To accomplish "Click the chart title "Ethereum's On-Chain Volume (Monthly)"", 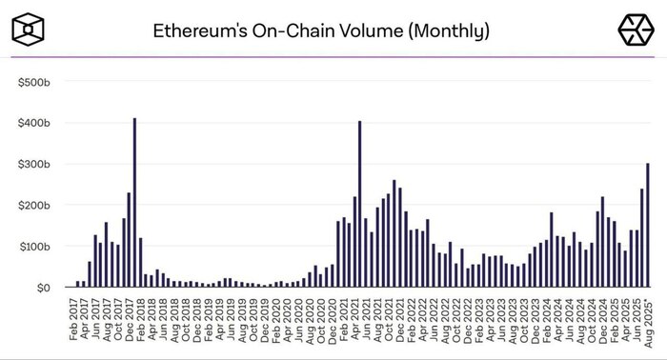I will [321, 30].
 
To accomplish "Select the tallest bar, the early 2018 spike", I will [134, 205].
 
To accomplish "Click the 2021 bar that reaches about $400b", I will [359, 205].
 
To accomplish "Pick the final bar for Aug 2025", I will [648, 226].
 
